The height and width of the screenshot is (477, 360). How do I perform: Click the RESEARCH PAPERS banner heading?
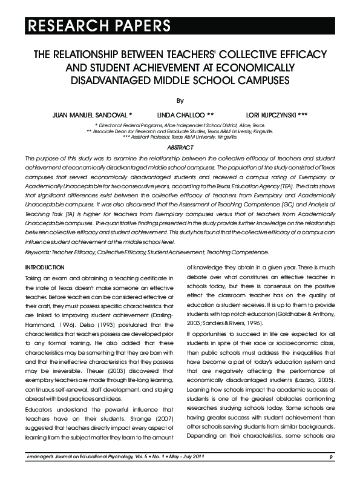tap(97, 25)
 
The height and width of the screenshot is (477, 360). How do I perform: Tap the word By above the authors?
tap(180, 100)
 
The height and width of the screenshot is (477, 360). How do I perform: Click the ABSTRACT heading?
tap(180, 148)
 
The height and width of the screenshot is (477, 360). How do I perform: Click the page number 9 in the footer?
tap(332, 456)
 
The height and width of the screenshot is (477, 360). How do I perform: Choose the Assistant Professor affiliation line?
tap(180, 137)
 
